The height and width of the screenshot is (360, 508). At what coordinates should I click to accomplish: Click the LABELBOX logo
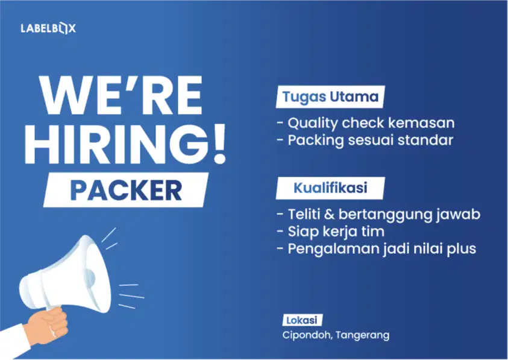[x=48, y=28]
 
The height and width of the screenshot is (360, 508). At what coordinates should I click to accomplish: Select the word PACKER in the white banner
[x=126, y=190]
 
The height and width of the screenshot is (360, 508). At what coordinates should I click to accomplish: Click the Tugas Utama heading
[x=331, y=96]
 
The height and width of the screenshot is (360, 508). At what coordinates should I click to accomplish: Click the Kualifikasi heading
[x=330, y=188]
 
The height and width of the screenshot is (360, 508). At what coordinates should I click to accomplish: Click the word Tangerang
[x=363, y=335]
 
